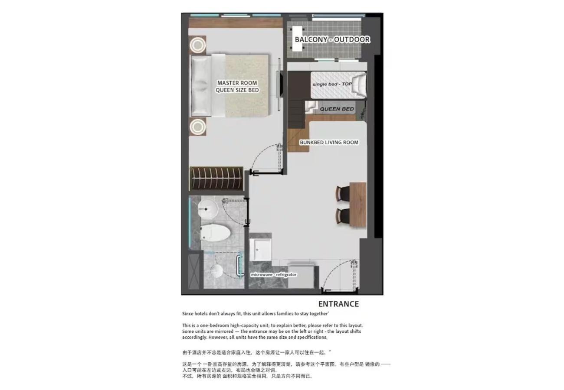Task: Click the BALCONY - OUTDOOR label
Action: [332, 39]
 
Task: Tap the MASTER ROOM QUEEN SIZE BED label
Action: [237, 87]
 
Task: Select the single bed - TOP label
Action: [332, 84]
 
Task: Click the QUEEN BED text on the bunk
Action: [337, 109]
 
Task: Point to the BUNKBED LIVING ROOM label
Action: [329, 142]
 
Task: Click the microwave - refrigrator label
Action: [274, 275]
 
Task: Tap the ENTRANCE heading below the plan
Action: [338, 304]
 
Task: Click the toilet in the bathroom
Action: [215, 233]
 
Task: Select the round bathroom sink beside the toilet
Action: [208, 209]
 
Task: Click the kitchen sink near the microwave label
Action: [260, 250]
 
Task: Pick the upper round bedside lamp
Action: [198, 45]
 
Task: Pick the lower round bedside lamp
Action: [198, 127]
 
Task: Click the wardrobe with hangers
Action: [216, 178]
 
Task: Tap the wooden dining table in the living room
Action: [358, 205]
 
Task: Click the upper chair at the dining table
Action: [343, 194]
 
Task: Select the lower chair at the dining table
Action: [343, 216]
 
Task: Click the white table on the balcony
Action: [297, 39]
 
